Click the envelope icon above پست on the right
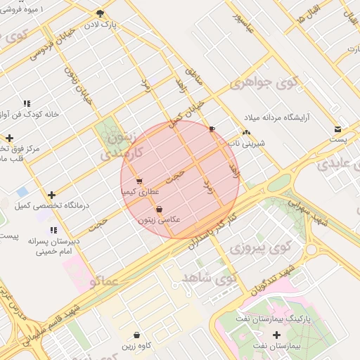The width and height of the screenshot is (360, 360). [x=338, y=129]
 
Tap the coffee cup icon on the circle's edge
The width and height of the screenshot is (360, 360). [x=212, y=129]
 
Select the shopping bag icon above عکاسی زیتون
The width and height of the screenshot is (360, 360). [x=160, y=209]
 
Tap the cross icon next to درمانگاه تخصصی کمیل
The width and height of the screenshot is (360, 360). [x=51, y=195]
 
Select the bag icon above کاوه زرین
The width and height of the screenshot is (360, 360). [x=136, y=335]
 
